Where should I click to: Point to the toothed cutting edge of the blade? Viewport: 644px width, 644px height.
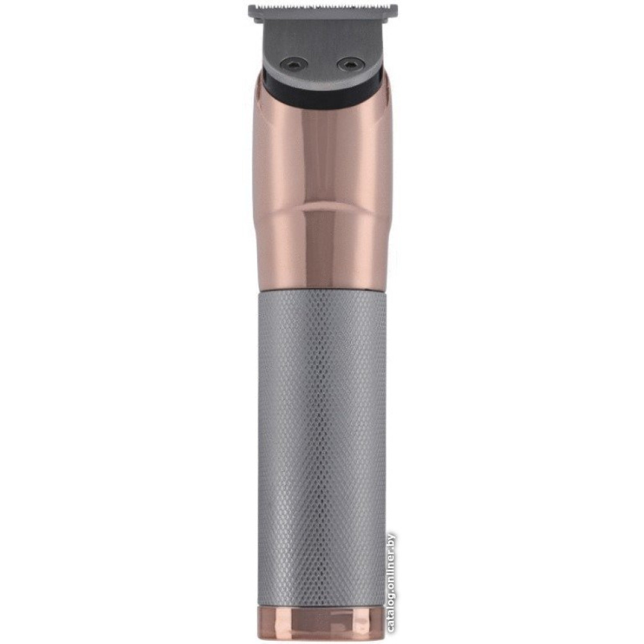point(323,6)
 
